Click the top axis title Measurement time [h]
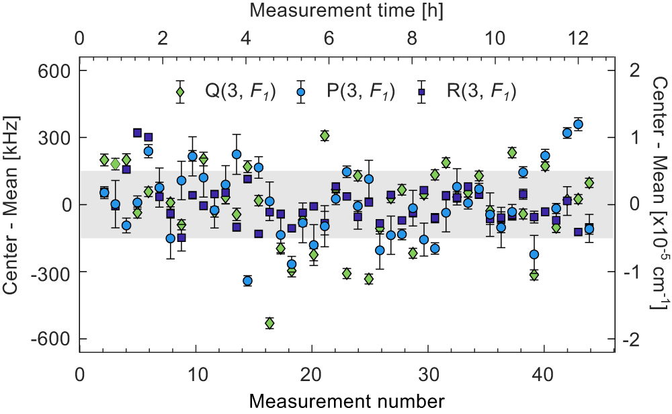coord(345,11)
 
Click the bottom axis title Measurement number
coord(345,401)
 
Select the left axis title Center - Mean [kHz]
coord(11,205)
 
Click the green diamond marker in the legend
coord(180,91)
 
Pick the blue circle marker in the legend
coord(301,91)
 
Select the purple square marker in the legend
coord(421,91)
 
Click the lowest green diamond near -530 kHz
coord(269,323)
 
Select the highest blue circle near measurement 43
coord(578,124)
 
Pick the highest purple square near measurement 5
coord(137,133)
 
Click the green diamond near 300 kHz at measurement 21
coord(325,136)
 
